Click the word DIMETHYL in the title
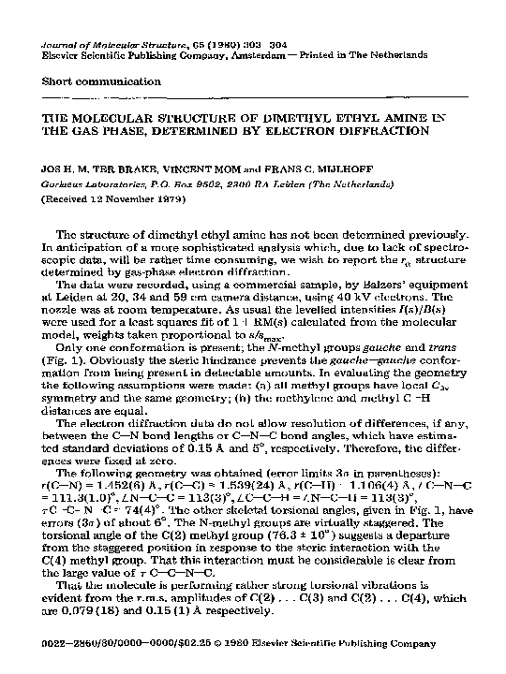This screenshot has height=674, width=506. [x=274, y=120]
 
